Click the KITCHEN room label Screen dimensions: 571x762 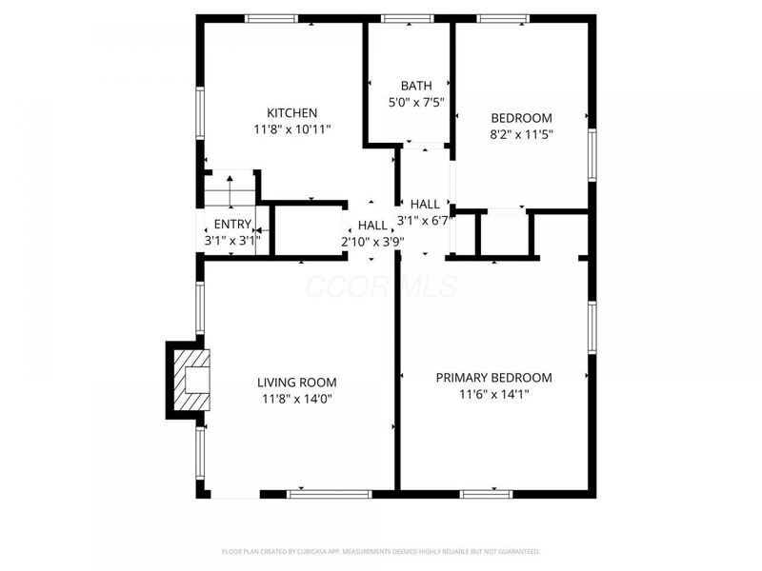coord(292,112)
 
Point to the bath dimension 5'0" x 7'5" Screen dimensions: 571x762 coord(415,102)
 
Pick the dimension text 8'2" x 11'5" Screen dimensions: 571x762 coord(521,134)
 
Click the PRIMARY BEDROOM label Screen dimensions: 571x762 coord(493,378)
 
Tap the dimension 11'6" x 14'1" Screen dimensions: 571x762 coord(493,394)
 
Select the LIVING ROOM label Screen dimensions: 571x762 coord(297,383)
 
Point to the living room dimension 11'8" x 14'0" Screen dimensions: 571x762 coord(297,399)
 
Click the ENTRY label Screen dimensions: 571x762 coord(232,225)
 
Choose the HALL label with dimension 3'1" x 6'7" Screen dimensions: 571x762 coord(425,204)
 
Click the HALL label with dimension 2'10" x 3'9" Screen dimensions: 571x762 coord(372,226)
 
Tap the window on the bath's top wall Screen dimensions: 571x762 coord(409,18)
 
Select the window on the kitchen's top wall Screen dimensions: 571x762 coord(271,18)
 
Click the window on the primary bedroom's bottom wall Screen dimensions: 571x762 coord(486,494)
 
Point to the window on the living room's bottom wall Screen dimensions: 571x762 coord(330,494)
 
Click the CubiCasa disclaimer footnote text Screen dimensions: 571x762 coord(381,551)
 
